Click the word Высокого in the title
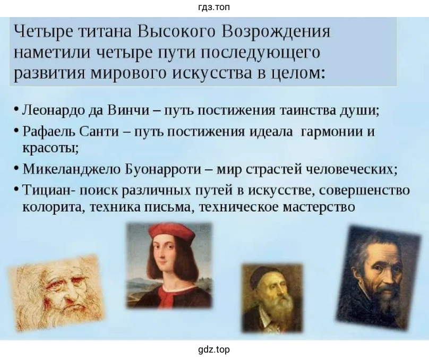[176, 31]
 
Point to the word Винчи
[128, 110]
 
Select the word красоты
[50, 148]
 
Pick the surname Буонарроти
[163, 169]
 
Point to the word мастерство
[319, 207]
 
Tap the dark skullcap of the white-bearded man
[263, 275]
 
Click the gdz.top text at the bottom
[214, 349]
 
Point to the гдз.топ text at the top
[214, 7]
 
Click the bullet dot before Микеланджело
[16, 168]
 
